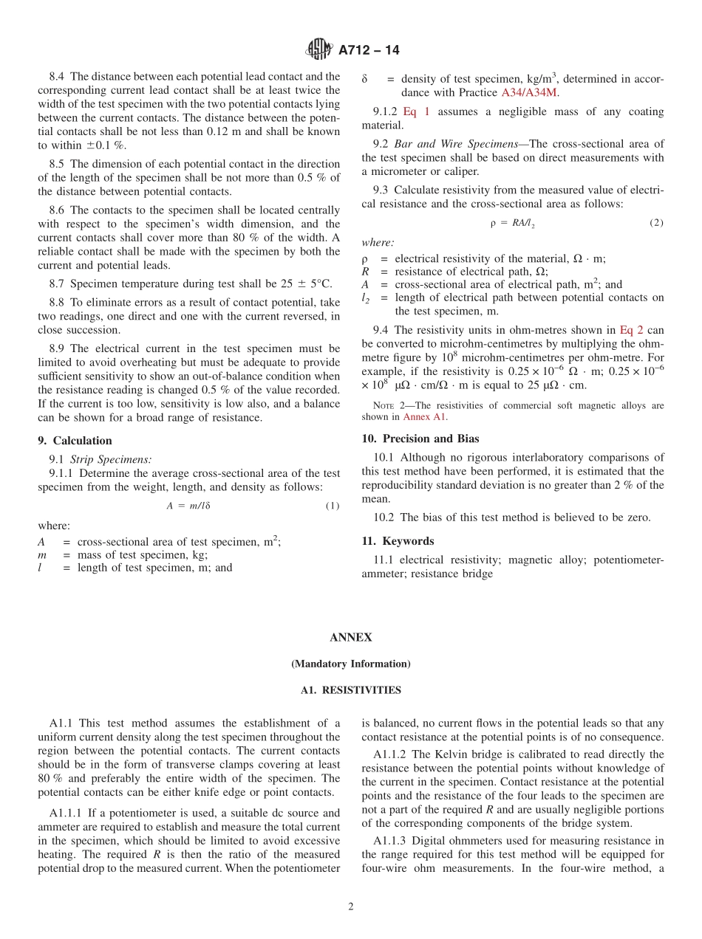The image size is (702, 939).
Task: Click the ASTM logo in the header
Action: [x=319, y=50]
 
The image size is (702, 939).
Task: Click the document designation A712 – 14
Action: [x=369, y=50]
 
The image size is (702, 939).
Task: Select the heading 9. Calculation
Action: [x=75, y=441]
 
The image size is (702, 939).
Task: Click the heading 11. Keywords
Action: [x=398, y=541]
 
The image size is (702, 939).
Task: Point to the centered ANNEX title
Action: [x=351, y=638]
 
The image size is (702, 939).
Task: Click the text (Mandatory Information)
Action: [x=351, y=664]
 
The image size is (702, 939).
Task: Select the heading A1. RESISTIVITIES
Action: [x=351, y=690]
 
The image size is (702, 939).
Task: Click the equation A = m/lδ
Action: [x=188, y=506]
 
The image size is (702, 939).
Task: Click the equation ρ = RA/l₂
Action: [x=513, y=223]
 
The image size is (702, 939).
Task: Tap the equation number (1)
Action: [x=333, y=506]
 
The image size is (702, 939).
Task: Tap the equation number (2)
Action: [x=656, y=223]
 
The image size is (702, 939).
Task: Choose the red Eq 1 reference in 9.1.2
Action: [x=416, y=111]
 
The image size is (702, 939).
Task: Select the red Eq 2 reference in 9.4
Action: [x=631, y=330]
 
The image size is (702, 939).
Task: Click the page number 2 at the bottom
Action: [x=351, y=907]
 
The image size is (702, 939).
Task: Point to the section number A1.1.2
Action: [x=389, y=754]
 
